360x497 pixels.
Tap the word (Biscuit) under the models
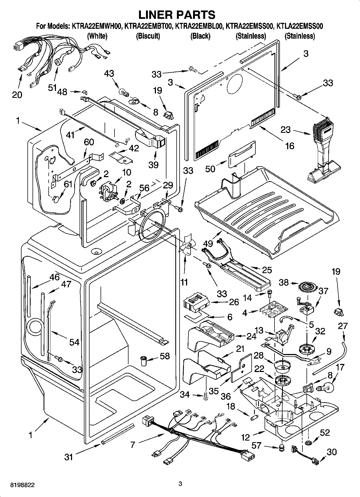[148, 36]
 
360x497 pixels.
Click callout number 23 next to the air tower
[286, 130]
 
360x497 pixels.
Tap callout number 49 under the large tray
[208, 243]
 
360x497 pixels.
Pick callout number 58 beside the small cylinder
[165, 356]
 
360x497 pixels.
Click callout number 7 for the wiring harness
[132, 445]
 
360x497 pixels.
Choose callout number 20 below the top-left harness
[17, 95]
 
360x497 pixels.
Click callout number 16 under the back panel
[290, 146]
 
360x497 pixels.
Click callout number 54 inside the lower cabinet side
[74, 342]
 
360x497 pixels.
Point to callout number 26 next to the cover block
[234, 302]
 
